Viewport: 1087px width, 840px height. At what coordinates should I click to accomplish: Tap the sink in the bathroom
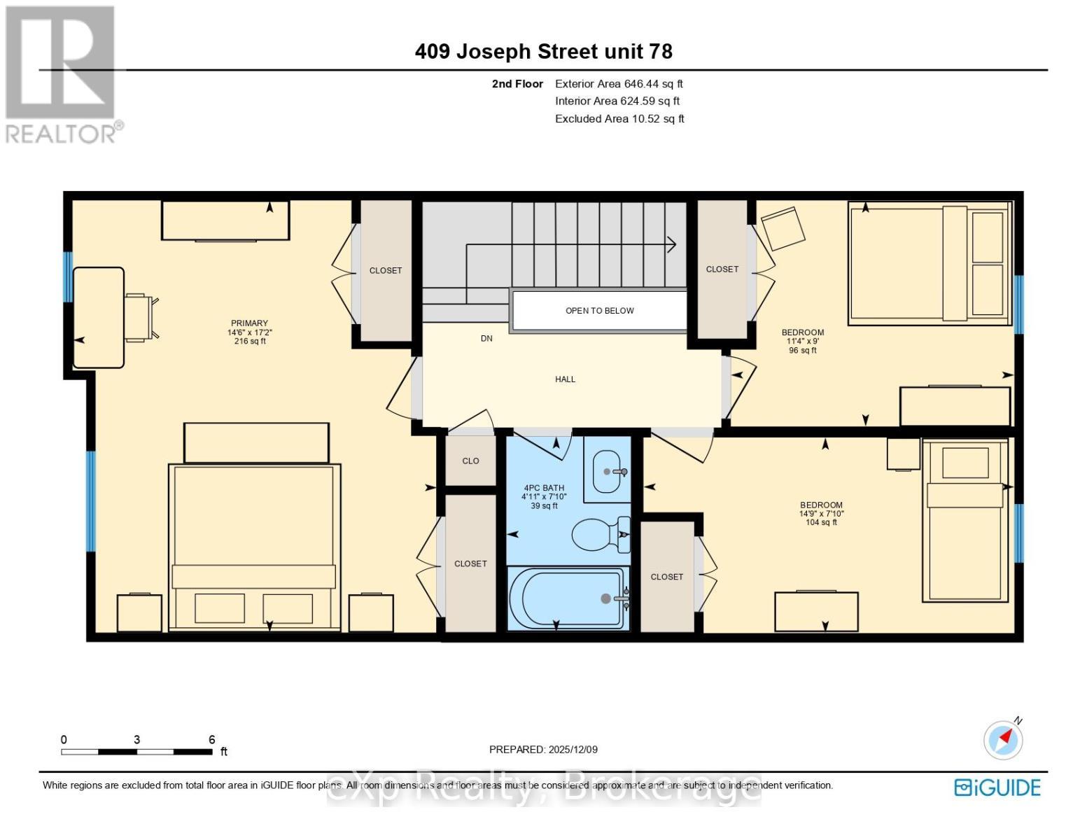tap(608, 472)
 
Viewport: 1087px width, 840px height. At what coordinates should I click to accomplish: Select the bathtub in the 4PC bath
tap(567, 598)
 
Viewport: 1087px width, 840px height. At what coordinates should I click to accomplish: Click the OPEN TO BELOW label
tap(599, 311)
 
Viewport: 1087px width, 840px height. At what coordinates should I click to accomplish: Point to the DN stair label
tap(486, 338)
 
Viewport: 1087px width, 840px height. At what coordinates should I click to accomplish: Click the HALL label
tap(565, 379)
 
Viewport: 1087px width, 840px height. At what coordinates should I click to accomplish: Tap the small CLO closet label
tap(470, 461)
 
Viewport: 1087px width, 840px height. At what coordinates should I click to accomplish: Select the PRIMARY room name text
tap(249, 323)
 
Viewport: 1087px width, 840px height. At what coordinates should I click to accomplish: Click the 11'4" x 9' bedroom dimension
tap(802, 342)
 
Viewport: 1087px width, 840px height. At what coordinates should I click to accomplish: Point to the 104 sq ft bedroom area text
tap(821, 522)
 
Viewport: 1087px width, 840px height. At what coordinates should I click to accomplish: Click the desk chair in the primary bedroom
tap(141, 317)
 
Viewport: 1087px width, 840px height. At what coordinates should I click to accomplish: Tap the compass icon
tap(1003, 739)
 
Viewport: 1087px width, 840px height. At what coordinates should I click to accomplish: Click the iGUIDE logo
tap(997, 787)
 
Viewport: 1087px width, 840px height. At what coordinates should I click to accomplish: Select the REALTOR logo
tap(62, 73)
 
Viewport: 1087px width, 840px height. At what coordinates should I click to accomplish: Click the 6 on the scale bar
tap(211, 740)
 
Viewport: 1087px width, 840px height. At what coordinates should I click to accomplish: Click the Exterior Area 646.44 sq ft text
tap(619, 84)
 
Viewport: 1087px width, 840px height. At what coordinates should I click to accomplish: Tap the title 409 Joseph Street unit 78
tap(543, 52)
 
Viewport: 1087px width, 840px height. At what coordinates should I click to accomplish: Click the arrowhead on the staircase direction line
tap(671, 244)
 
